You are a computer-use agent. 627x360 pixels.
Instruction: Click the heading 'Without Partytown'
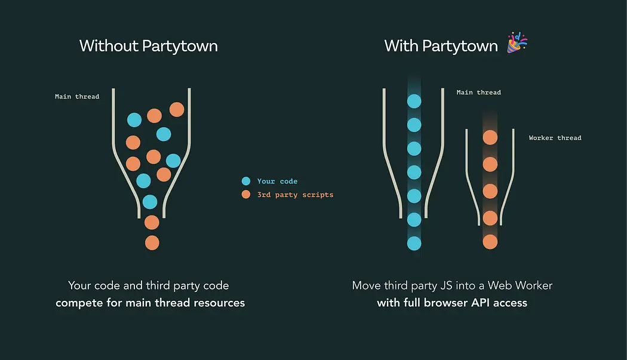148,46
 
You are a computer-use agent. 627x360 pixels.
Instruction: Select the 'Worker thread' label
555,138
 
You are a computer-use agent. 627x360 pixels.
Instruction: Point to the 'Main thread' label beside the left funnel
77,96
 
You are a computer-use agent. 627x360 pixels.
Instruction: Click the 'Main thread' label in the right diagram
478,93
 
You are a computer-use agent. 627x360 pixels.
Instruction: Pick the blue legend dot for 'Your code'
246,181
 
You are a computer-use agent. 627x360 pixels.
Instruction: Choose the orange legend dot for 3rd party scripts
246,195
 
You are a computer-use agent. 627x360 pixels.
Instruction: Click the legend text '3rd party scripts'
295,195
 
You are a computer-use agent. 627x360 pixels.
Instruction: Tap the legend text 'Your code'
277,181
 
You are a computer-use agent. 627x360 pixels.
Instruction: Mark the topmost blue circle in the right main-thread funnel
414,101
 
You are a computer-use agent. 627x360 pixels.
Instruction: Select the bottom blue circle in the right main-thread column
414,243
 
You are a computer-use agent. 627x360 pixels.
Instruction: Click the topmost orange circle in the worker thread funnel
490,137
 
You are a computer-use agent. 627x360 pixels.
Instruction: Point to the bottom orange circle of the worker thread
490,242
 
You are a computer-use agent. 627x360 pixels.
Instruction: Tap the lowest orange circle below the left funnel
152,242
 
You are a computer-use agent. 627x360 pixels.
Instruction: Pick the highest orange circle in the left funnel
177,109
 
